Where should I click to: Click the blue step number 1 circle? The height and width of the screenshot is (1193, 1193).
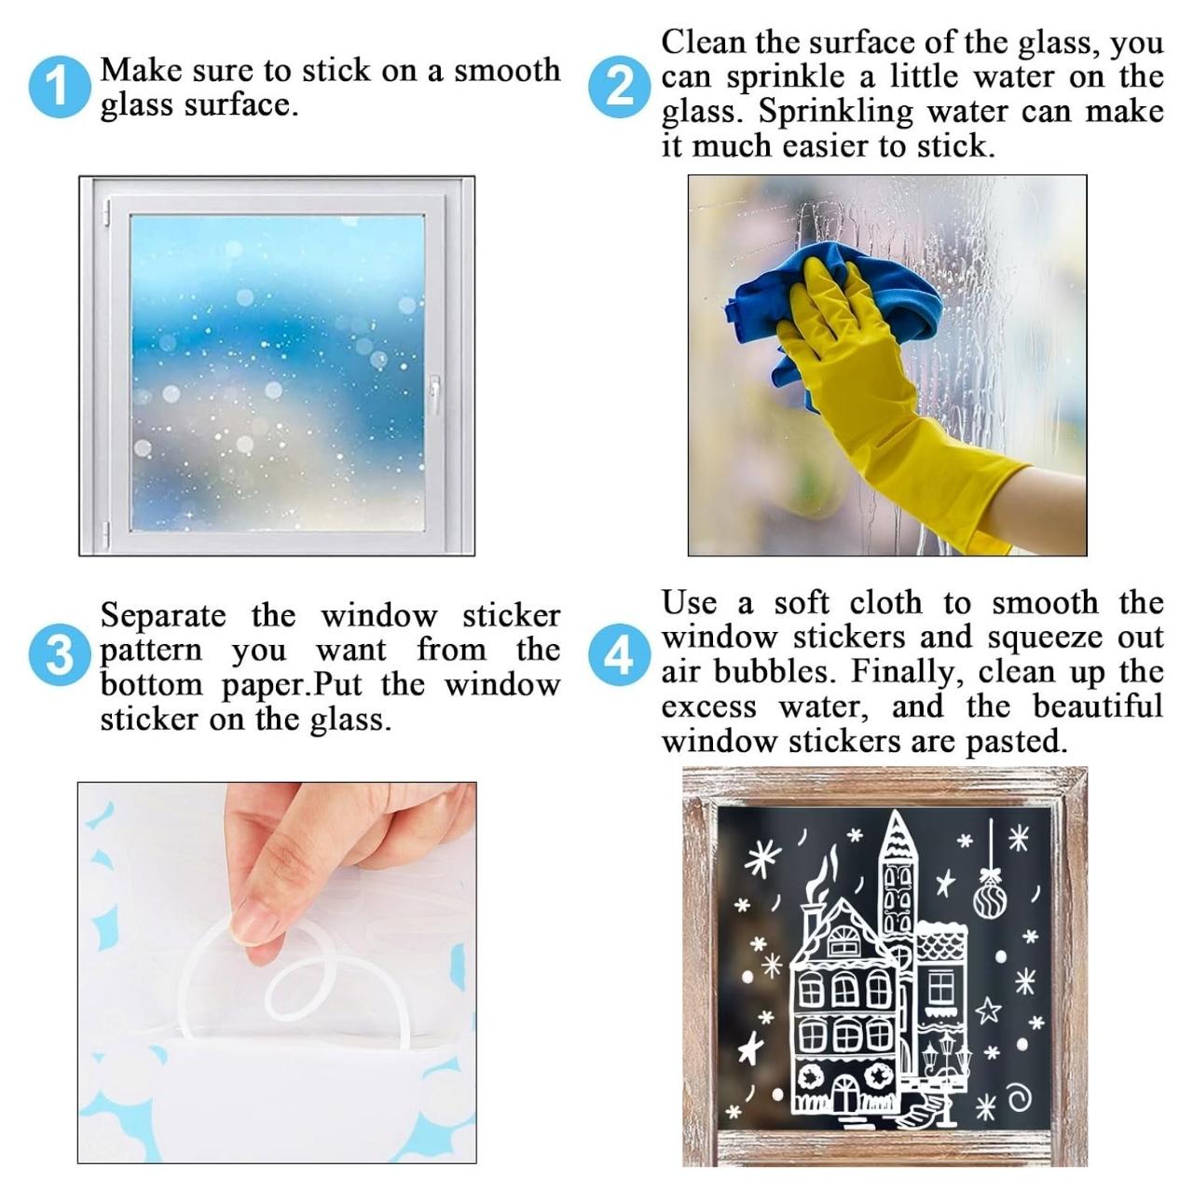(x=60, y=87)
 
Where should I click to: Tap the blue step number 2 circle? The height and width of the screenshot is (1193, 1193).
(x=619, y=87)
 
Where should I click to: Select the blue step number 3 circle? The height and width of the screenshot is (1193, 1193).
(x=60, y=654)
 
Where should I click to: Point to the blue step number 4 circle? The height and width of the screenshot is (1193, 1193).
(x=619, y=654)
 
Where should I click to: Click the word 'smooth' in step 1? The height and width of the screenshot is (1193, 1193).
(x=507, y=70)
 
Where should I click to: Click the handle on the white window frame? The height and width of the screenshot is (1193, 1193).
(x=434, y=393)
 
